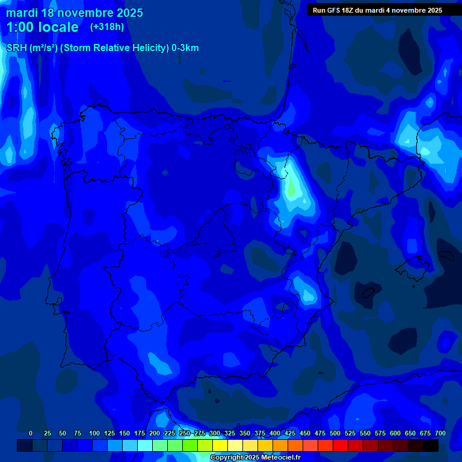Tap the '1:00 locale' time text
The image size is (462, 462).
pyautogui.click(x=42, y=27)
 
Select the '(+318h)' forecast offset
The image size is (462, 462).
pyautogui.click(x=107, y=27)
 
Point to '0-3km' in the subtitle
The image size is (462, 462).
pyautogui.click(x=185, y=48)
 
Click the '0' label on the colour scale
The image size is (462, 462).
pyautogui.click(x=31, y=433)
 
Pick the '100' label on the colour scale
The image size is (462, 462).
pyautogui.click(x=94, y=433)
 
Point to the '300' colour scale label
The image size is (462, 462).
pyautogui.click(x=215, y=433)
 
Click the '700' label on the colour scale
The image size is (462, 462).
pyautogui.click(x=440, y=433)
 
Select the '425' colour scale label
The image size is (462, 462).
pyautogui.click(x=290, y=433)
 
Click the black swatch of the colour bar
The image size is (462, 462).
pyautogui.click(x=431, y=445)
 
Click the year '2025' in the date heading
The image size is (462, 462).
pyautogui.click(x=128, y=13)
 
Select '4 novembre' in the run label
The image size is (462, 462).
pyautogui.click(x=403, y=10)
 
